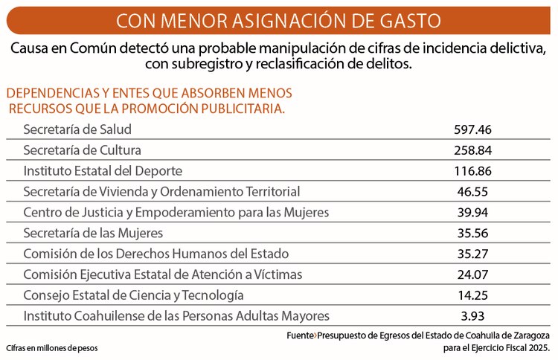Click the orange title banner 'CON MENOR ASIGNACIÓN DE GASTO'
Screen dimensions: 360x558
[278, 18]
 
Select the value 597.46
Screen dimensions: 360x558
[473, 129]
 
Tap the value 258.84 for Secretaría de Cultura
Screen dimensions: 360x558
[473, 150]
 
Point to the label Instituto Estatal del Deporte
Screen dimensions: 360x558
[103, 171]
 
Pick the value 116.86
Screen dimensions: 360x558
[473, 171]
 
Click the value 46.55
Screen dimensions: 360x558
[473, 192]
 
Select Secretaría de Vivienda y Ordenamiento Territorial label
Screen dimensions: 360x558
[161, 192]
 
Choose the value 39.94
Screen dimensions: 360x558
[473, 213]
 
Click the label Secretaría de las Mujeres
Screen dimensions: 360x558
[93, 234]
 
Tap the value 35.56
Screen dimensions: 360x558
[473, 234]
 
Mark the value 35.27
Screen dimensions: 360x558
[473, 254]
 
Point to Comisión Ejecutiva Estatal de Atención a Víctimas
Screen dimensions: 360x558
[163, 274]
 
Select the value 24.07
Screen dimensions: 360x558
[473, 274]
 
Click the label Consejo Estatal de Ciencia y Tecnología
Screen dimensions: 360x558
[133, 295]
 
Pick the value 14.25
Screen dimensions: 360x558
[473, 295]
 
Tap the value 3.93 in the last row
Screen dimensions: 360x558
[473, 316]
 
